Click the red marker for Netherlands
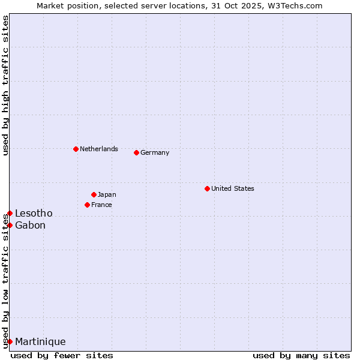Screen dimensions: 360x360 [x=76, y=149]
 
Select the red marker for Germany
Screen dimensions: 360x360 [x=136, y=152]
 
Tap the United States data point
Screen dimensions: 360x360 [x=207, y=188]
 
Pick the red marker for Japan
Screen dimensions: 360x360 [x=94, y=194]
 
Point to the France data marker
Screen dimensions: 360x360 [x=87, y=205]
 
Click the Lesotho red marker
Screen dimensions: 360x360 [x=10, y=213]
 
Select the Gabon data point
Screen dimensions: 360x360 [x=10, y=225]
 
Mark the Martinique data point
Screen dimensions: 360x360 [x=10, y=341]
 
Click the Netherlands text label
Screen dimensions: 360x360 [x=99, y=149]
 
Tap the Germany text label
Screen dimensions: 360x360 [x=155, y=152]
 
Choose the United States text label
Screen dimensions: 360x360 [x=233, y=188]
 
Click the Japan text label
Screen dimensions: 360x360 [x=107, y=194]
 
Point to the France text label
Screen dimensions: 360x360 [x=101, y=205]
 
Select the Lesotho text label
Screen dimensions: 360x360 [x=34, y=213]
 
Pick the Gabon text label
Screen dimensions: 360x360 [x=30, y=225]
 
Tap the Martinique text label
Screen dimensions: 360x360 [x=40, y=341]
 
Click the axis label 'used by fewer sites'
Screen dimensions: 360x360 [x=62, y=355]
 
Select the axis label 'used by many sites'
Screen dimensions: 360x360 [x=301, y=355]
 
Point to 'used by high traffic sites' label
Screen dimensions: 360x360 [x=5, y=85]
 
